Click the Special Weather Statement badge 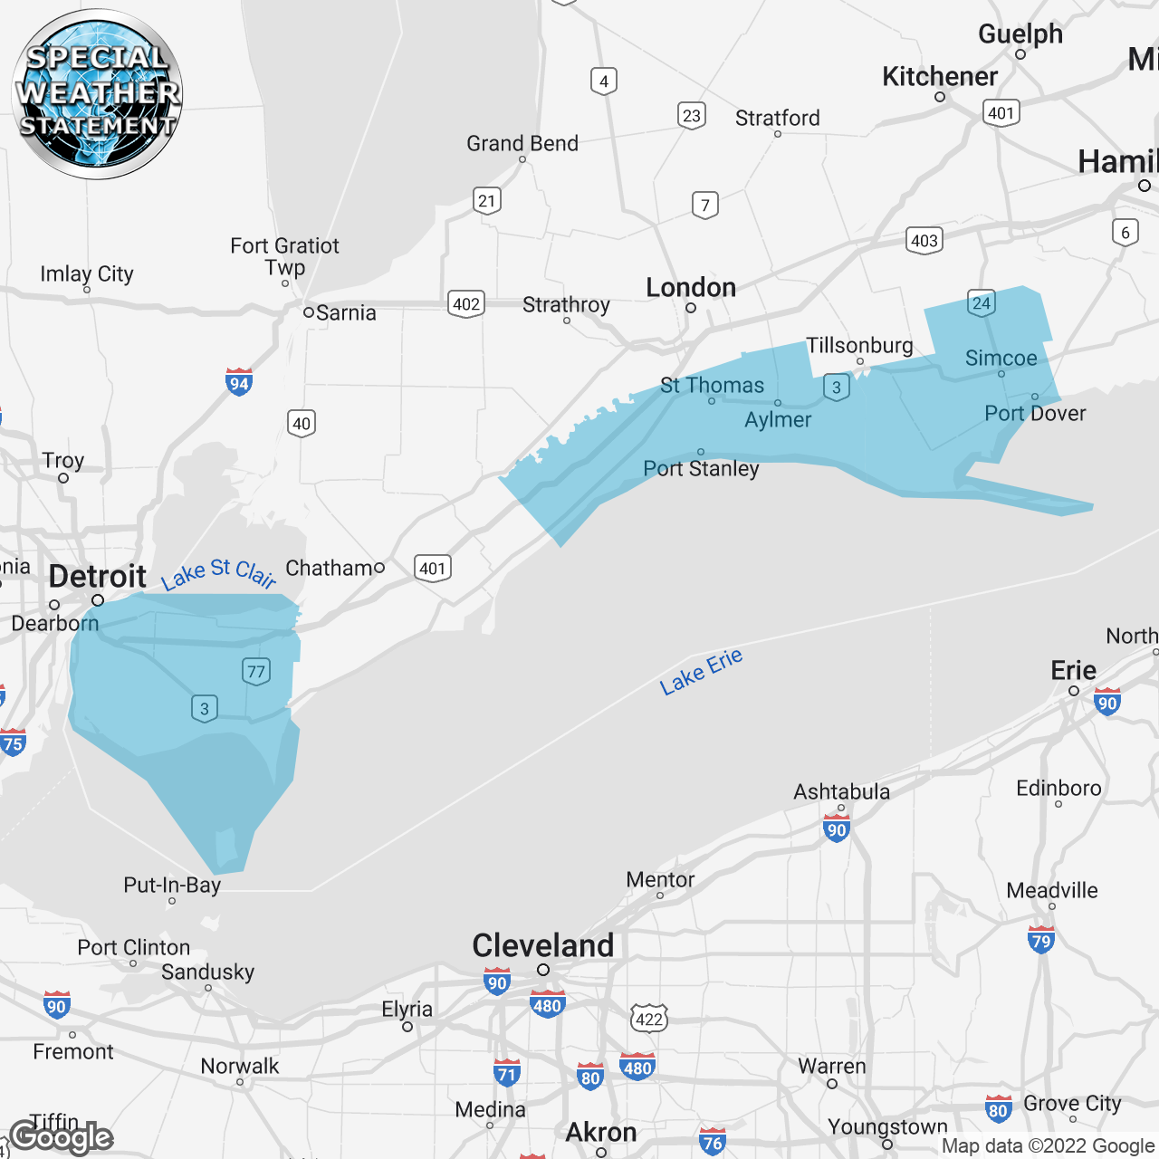(97, 93)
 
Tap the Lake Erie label (701, 671)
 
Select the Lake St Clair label (218, 573)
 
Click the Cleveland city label (543, 945)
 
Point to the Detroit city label (98, 576)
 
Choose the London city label (691, 288)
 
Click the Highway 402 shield (466, 303)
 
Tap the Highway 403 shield (924, 240)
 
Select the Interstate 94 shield (239, 382)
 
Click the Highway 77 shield (256, 671)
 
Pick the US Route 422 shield (649, 1019)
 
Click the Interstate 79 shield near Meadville (1041, 940)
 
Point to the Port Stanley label (701, 468)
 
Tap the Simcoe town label (1001, 358)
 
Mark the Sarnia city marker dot (309, 312)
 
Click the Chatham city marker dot (379, 568)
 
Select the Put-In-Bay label (172, 885)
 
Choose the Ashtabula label (842, 791)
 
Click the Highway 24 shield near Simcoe (982, 303)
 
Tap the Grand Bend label (522, 143)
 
